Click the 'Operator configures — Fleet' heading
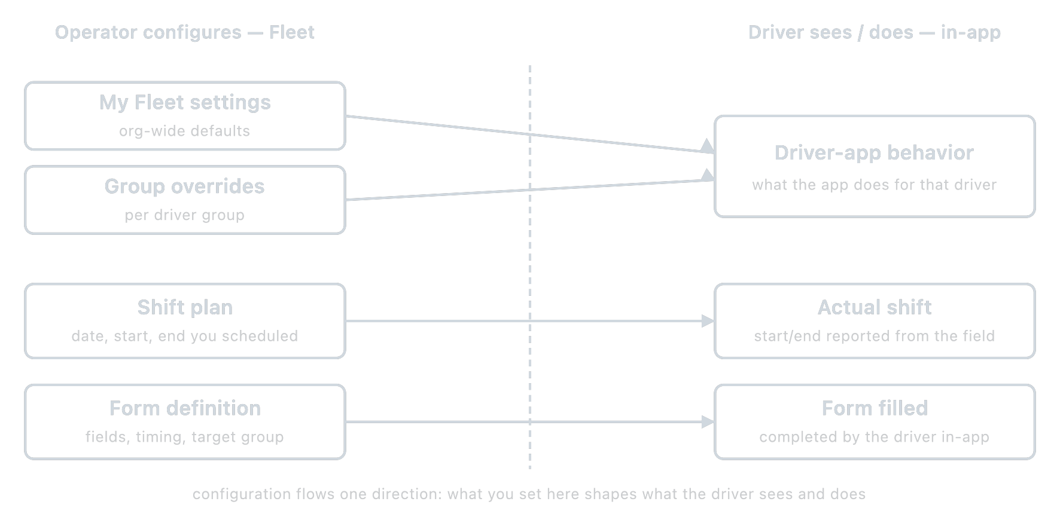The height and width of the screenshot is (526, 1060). [x=184, y=32]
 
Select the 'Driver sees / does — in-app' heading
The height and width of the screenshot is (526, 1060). [x=874, y=32]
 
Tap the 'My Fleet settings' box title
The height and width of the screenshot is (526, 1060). [x=185, y=103]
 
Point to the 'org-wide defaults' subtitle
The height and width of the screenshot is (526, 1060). [x=185, y=131]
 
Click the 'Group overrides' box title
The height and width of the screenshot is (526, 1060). [x=185, y=186]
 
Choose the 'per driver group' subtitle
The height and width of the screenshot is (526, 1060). [x=185, y=215]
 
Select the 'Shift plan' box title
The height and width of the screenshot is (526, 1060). [x=185, y=308]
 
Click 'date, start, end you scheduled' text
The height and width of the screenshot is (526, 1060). [x=185, y=336]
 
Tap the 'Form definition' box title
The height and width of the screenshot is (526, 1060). [x=185, y=408]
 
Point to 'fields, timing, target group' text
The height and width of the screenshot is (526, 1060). [x=185, y=437]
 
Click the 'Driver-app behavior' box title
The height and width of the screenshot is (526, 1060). [x=874, y=153]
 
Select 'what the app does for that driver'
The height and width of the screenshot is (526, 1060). [x=874, y=185]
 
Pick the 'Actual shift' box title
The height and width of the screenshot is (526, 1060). [x=874, y=308]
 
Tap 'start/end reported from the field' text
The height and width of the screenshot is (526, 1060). [x=874, y=336]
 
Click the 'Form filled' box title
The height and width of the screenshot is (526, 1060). [x=874, y=408]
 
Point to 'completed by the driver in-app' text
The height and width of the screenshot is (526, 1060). [x=874, y=437]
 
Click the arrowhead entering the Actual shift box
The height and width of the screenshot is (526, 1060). [x=708, y=321]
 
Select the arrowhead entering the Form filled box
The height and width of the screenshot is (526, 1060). [x=708, y=422]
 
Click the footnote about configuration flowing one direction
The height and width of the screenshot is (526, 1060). [x=529, y=494]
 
